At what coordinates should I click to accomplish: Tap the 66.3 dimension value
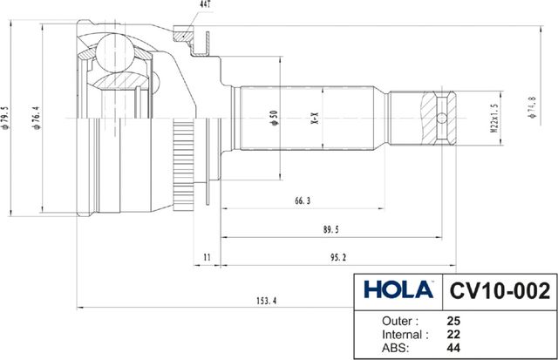pyautogui.click(x=303, y=201)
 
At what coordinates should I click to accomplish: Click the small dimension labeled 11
pyautogui.click(x=207, y=257)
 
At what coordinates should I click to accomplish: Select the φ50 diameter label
pyautogui.click(x=273, y=117)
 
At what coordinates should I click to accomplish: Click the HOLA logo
pyautogui.click(x=398, y=289)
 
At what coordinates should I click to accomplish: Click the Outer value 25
pyautogui.click(x=453, y=320)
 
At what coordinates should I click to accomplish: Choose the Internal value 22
pyautogui.click(x=453, y=334)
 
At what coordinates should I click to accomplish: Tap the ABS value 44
pyautogui.click(x=453, y=348)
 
